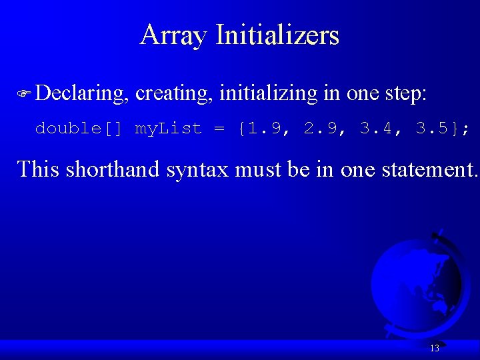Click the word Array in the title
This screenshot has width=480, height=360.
(174, 35)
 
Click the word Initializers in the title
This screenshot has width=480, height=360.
(277, 35)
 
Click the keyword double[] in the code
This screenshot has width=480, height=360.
(79, 128)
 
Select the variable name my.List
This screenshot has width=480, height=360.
(168, 128)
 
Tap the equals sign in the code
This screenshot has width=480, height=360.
(219, 128)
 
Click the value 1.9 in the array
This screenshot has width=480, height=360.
(263, 128)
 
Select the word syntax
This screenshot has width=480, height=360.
(198, 170)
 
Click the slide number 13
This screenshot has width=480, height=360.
(435, 348)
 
